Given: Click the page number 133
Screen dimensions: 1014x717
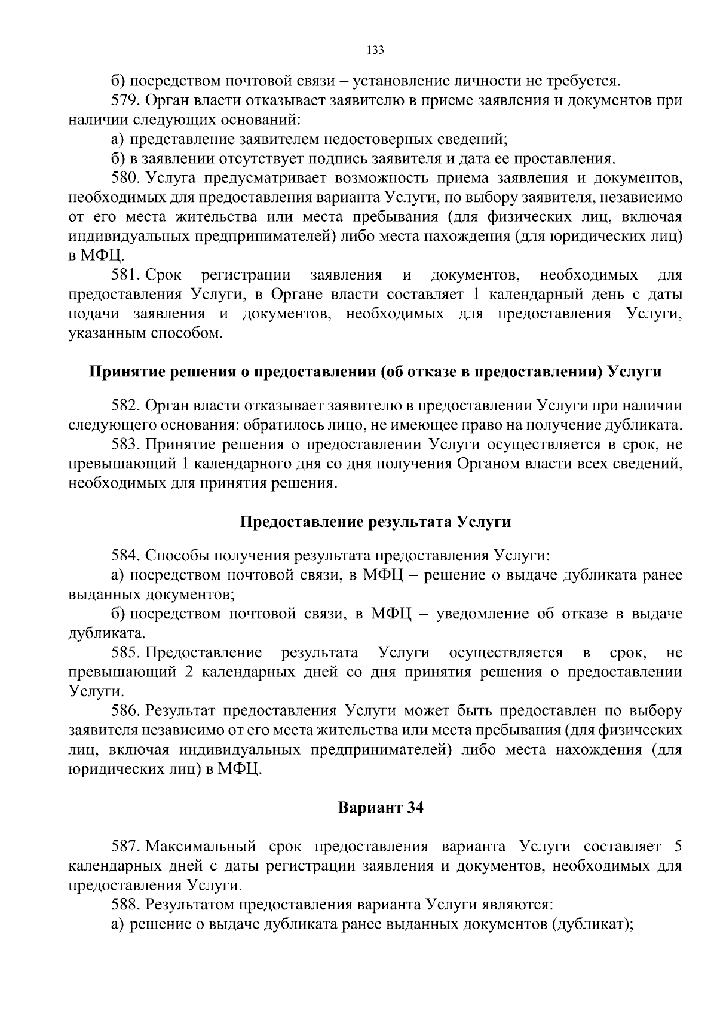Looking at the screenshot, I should [x=375, y=50].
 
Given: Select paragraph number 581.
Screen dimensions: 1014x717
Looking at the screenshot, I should [x=125, y=275].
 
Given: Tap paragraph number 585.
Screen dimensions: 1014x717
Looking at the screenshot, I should [x=125, y=652].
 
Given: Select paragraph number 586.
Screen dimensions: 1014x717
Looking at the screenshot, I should [x=125, y=711].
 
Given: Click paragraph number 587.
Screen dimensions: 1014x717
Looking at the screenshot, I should [x=125, y=847].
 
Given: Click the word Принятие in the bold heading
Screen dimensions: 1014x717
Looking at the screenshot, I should [x=122, y=372].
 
